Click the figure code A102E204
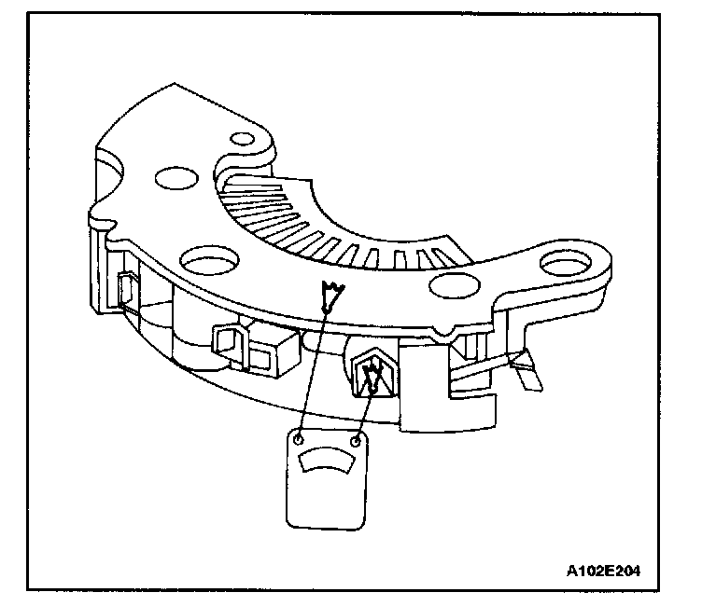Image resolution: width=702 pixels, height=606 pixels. pos(603,568)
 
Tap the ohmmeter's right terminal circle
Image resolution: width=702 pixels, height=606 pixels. pos(356,438)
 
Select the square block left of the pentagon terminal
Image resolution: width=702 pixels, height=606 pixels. pos(272,351)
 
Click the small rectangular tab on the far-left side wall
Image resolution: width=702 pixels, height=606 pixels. pos(125,289)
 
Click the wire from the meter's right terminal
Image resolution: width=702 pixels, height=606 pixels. pos(363,410)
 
